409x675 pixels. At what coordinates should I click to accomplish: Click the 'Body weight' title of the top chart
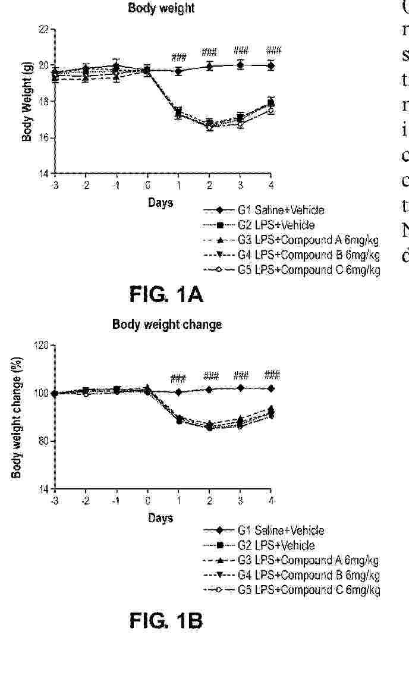pyautogui.click(x=162, y=10)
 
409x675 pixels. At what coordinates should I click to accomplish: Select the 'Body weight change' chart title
pyautogui.click(x=167, y=325)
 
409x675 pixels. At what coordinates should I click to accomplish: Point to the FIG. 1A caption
pyautogui.click(x=167, y=294)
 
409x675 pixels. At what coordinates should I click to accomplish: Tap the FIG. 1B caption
pyautogui.click(x=166, y=621)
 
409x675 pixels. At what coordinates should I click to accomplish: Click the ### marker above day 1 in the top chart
pyautogui.click(x=179, y=58)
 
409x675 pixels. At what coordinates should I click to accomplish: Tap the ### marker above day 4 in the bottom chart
pyautogui.click(x=272, y=375)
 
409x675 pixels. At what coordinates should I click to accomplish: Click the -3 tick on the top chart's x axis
pyautogui.click(x=54, y=183)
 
